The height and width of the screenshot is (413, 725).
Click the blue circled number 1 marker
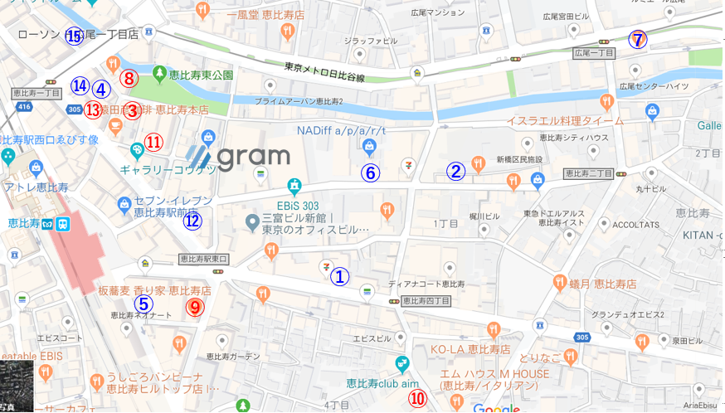coord(340,277)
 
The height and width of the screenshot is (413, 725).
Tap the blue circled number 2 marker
coord(455,171)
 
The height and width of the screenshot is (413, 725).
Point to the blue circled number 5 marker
coord(143,304)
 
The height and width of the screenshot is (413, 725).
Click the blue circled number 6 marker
coord(370,173)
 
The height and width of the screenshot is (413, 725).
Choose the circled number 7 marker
coord(637,39)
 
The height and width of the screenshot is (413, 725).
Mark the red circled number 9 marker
coord(194,307)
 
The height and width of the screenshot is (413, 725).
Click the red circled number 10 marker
coord(417,399)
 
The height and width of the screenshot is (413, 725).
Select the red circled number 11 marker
coord(153,142)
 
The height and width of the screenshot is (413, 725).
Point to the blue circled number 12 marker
coord(192,221)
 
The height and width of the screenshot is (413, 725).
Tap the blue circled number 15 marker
coord(74,36)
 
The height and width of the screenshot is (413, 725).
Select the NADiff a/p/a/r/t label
coord(341,130)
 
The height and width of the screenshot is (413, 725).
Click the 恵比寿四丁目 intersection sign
coord(426,301)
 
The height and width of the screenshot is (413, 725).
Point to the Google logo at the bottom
coord(496,407)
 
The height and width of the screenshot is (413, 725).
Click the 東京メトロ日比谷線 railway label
coord(324,72)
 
